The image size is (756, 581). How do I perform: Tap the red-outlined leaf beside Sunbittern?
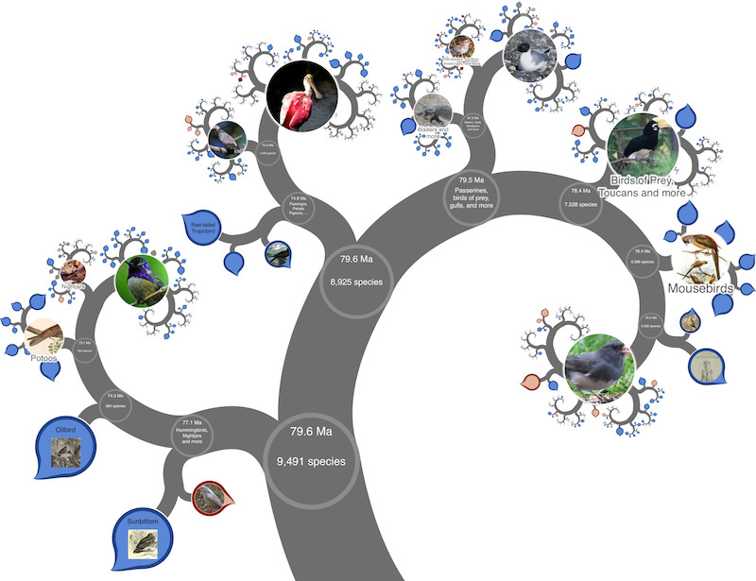point(208,498)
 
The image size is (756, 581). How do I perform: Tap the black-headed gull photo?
point(529,57)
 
